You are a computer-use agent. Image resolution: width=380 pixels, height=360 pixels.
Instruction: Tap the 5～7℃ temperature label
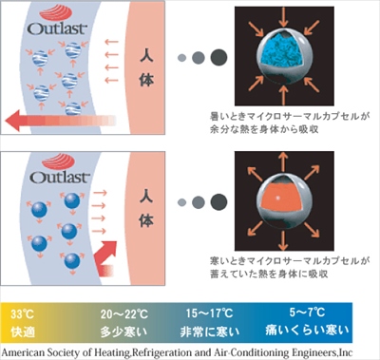307,313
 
